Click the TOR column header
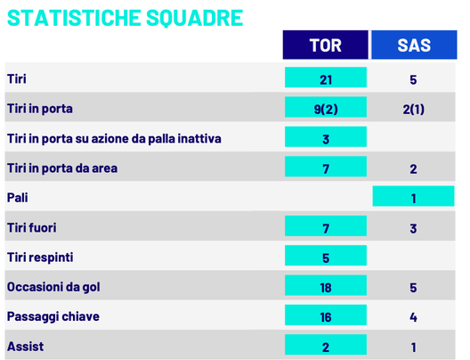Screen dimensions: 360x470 point(325,45)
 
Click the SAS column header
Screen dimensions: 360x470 point(413,45)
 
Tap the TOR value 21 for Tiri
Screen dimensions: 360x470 point(325,79)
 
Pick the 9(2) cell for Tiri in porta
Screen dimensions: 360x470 point(325,109)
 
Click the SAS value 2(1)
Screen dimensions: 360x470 point(413,109)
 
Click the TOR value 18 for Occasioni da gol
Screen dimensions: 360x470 point(325,288)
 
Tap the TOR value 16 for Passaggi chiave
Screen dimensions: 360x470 point(325,317)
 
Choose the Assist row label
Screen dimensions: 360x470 point(23,347)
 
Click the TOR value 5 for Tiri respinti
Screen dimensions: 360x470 point(325,258)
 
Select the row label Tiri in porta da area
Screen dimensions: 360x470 point(61,168)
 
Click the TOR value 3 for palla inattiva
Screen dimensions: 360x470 point(325,139)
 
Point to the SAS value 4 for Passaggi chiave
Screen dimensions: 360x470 point(413,317)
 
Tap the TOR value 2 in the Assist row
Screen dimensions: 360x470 point(325,347)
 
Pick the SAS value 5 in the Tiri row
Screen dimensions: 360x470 point(413,79)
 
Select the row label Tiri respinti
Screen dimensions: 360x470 point(39,258)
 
